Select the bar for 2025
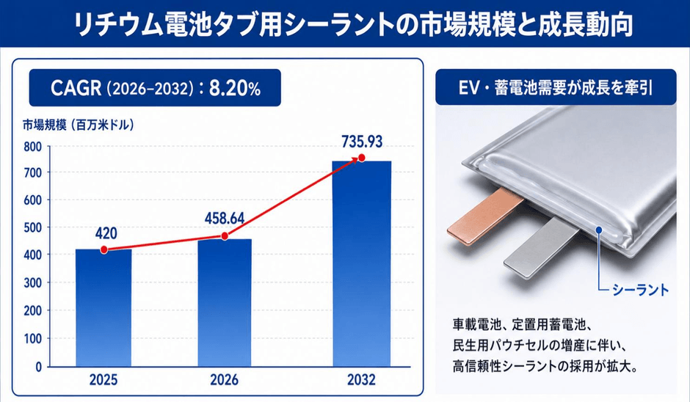point(103,308)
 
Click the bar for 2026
point(225,303)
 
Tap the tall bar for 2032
point(362,264)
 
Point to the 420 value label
point(106,233)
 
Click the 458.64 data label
point(225,219)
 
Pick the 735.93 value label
point(362,142)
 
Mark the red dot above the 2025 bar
point(103,250)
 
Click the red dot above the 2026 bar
point(225,236)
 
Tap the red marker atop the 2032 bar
point(362,158)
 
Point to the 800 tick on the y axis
point(32,147)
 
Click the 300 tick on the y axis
point(32,283)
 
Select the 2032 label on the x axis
point(361,379)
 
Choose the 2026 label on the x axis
point(224,379)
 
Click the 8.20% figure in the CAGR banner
point(235,89)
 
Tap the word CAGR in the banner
point(76,89)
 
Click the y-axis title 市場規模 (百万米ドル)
point(79,125)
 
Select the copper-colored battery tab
point(484,217)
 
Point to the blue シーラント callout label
point(641,290)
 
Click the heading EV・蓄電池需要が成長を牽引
point(556,87)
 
